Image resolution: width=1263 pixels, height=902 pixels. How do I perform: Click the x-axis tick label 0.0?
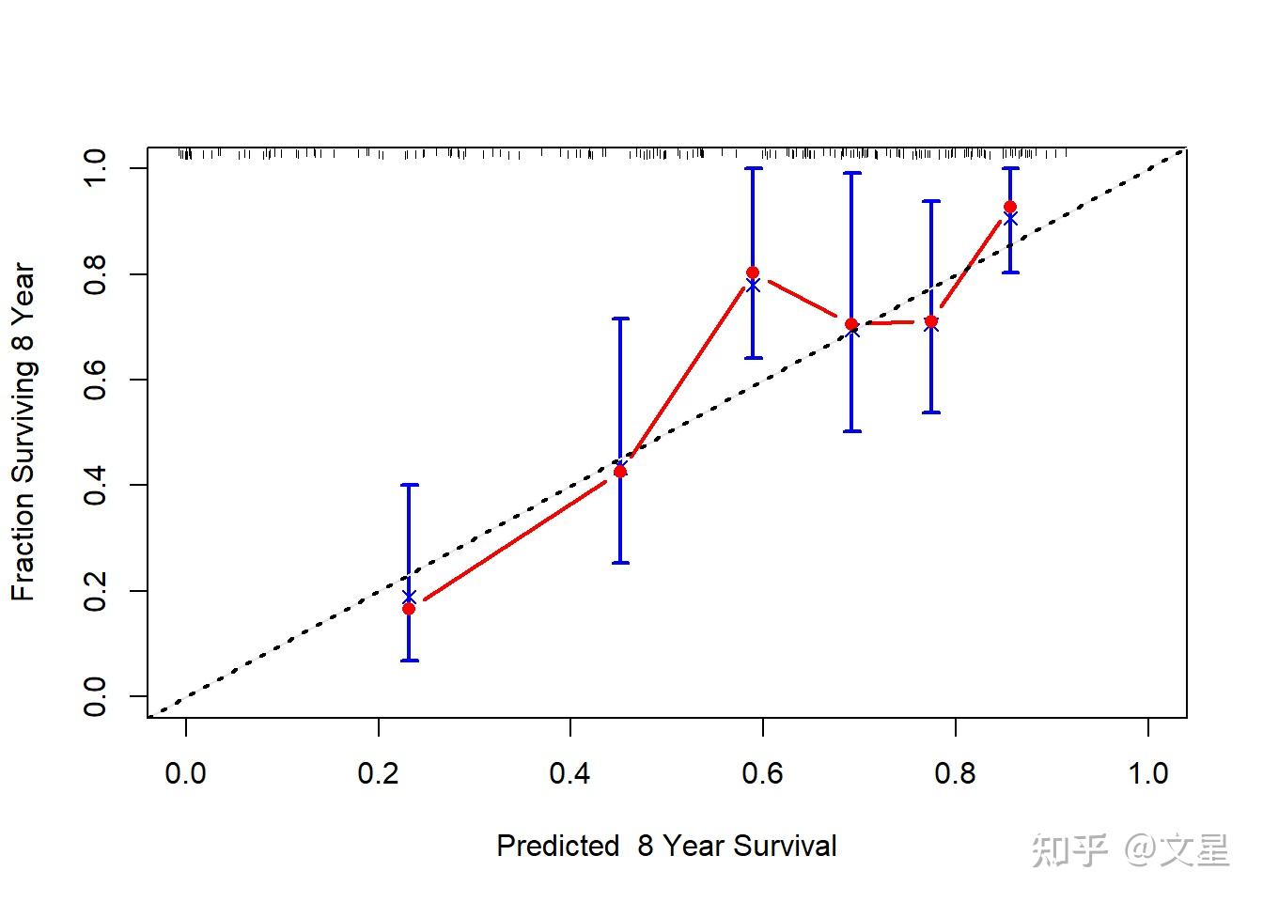185,774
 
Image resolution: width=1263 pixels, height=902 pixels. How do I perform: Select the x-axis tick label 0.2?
378,774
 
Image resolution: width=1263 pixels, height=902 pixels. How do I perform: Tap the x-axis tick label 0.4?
570,774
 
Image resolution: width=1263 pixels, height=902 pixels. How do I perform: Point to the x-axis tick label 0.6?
762,774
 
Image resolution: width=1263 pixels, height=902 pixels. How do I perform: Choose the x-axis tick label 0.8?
955,774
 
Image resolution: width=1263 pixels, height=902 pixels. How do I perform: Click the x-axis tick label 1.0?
1147,774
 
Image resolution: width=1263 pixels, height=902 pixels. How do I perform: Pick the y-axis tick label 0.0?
95,696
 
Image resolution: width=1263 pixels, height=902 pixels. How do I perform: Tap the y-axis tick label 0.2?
95,591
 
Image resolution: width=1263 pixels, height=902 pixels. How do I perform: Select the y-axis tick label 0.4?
95,485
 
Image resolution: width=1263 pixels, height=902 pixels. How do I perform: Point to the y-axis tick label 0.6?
95,380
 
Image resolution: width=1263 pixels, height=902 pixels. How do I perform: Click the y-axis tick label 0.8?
95,274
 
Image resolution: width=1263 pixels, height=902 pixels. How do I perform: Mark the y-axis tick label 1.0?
95,168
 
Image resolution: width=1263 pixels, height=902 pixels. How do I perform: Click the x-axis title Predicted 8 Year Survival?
666,846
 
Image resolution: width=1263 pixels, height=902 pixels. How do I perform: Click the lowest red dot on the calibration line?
409,609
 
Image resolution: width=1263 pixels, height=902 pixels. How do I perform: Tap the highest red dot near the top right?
1010,207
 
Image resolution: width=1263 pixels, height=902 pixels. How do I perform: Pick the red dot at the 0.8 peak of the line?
753,272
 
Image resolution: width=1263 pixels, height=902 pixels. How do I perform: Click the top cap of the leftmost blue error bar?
409,485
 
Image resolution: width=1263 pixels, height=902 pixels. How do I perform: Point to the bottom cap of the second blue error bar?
620,563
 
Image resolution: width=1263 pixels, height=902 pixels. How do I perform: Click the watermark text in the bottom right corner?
1130,849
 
